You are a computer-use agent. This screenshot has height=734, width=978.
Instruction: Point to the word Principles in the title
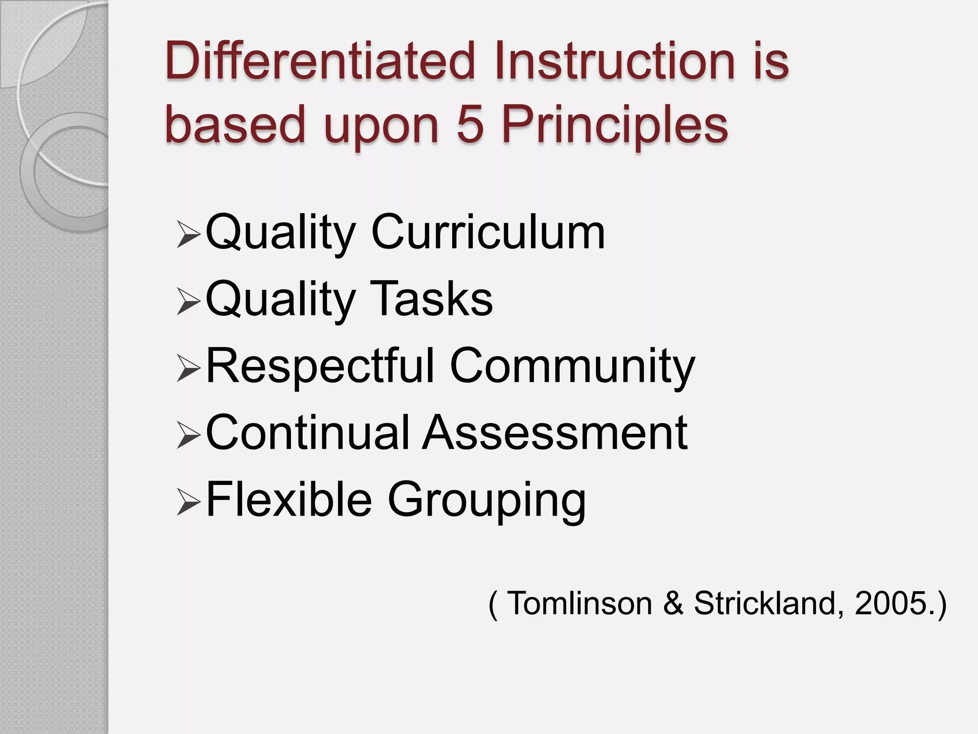pos(615,125)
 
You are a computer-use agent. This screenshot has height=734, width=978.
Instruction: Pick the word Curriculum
pos(488,232)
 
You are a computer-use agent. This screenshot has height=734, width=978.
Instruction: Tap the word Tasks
pos(431,299)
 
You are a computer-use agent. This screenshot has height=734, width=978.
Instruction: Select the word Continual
pos(308,432)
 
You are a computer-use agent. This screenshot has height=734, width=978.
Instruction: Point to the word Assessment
pos(554,432)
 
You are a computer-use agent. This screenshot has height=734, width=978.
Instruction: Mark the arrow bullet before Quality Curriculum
pos(188,234)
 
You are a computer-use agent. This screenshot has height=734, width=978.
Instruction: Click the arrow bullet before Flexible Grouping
pos(188,501)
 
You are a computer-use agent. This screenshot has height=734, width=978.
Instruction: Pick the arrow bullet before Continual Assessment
pos(188,434)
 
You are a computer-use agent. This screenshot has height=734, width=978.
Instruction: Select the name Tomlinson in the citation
pos(579,603)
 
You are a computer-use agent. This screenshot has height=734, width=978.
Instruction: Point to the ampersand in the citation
pos(673,604)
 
